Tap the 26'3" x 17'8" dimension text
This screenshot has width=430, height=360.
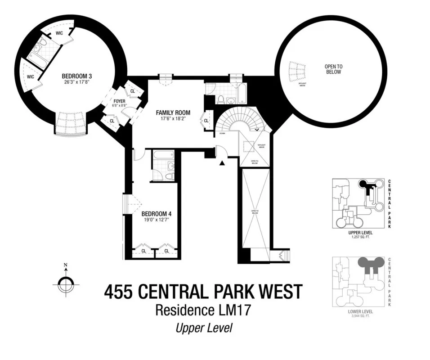tap(75, 82)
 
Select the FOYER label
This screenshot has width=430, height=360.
tap(119, 101)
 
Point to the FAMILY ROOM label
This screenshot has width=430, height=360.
tap(173, 112)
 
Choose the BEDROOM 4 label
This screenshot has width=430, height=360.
tap(156, 214)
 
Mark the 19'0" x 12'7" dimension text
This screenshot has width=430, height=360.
tap(156, 220)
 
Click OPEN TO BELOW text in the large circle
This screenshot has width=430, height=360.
tap(333, 69)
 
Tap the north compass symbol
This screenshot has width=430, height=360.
tap(66, 283)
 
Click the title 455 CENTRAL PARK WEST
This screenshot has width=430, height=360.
tap(203, 292)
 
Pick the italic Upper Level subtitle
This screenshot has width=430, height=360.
tap(203, 328)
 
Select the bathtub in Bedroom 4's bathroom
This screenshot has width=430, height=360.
tap(163, 155)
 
